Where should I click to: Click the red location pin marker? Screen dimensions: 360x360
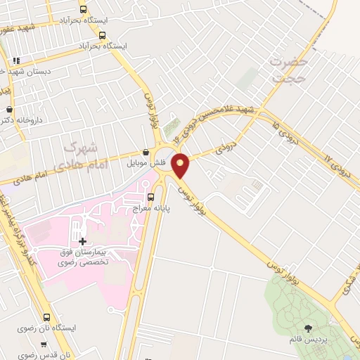click(x=181, y=166)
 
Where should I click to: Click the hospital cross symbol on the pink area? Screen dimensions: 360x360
click(x=83, y=243)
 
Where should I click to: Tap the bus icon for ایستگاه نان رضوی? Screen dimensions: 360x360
click(x=48, y=317)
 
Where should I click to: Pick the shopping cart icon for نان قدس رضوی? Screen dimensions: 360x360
click(x=44, y=345)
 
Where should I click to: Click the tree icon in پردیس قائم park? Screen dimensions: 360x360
click(x=308, y=328)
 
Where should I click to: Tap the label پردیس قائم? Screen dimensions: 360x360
click(x=307, y=340)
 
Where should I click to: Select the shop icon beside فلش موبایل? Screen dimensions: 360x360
click(x=146, y=152)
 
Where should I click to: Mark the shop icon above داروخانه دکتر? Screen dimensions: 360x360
click(x=8, y=110)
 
